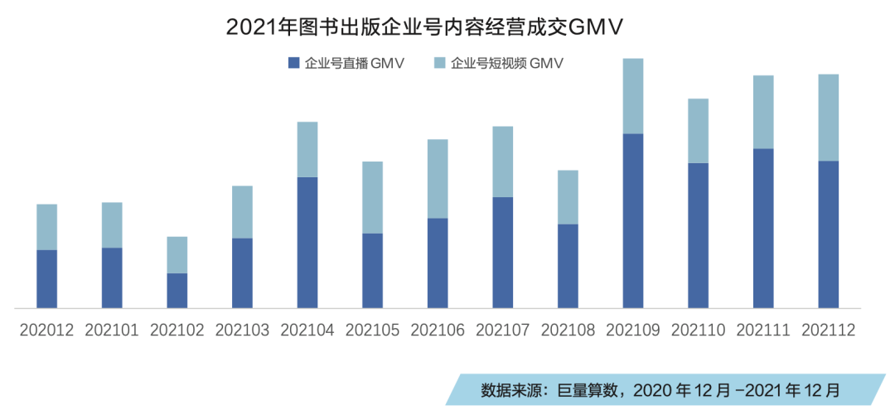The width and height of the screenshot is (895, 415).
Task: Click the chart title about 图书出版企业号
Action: click(423, 27)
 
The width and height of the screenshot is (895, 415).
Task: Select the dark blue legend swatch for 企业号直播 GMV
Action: click(293, 63)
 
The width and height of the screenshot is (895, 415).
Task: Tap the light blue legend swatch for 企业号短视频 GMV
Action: click(438, 63)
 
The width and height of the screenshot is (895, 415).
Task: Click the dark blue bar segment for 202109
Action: click(633, 220)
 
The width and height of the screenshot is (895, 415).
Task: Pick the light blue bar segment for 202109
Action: click(633, 96)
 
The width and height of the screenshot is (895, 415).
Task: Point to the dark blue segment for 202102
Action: click(177, 290)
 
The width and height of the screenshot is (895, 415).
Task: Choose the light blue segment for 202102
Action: click(177, 254)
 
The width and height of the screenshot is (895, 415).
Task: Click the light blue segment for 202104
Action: click(307, 149)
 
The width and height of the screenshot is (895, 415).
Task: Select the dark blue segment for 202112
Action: click(829, 234)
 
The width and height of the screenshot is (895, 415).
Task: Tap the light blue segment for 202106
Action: click(438, 178)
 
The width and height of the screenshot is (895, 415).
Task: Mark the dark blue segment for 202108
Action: click(568, 265)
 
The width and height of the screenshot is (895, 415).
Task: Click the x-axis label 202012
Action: click(47, 330)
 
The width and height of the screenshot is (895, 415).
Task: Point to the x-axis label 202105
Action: click(372, 330)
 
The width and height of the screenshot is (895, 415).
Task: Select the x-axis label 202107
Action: click(503, 330)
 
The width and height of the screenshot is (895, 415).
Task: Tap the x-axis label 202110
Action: click(698, 330)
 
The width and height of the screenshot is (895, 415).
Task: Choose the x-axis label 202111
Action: click(763, 330)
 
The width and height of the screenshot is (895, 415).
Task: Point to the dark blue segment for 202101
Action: click(112, 277)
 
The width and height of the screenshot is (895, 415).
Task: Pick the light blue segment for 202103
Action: click(242, 211)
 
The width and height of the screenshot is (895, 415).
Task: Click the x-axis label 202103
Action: click(242, 330)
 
